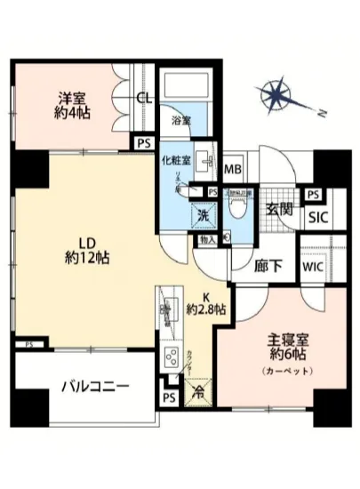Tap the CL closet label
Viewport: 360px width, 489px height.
pyautogui.click(x=143, y=99)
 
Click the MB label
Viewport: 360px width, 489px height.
pyautogui.click(x=233, y=170)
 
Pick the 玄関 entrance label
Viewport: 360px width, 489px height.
pyautogui.click(x=279, y=211)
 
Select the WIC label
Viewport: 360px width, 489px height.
pyautogui.click(x=313, y=266)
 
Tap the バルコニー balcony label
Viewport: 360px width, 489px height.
pyautogui.click(x=95, y=387)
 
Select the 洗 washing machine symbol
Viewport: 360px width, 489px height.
pyautogui.click(x=204, y=213)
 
